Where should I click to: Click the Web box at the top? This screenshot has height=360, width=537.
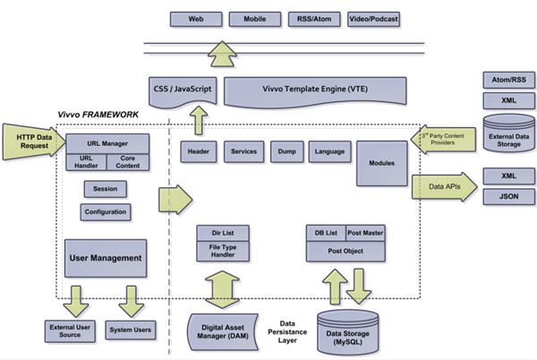point(194,18)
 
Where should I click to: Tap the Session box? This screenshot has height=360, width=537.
point(105,189)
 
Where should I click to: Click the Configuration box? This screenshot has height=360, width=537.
point(105,212)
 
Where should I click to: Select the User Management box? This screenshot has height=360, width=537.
point(105,258)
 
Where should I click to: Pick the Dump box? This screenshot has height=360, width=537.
point(286,151)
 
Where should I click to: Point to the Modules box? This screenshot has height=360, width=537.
point(380,163)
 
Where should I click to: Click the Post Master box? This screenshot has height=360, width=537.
point(365,233)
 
